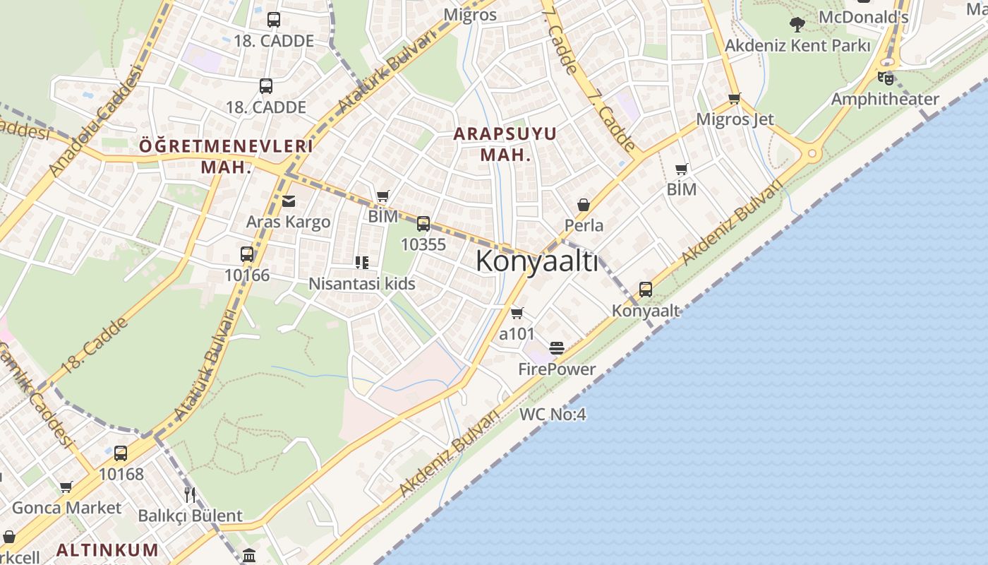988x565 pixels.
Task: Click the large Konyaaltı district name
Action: (536, 261)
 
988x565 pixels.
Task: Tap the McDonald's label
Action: (863, 17)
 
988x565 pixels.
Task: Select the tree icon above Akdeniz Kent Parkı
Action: (797, 25)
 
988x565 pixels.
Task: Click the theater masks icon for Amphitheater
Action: (886, 78)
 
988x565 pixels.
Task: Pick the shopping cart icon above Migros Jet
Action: (735, 99)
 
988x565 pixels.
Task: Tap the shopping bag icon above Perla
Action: (584, 205)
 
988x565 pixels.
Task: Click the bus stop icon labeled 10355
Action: (423, 224)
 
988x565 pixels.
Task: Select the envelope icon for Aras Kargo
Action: (289, 201)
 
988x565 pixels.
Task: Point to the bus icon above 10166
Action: (247, 254)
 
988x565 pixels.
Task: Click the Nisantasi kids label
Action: (362, 284)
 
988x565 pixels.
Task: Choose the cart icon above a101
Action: (517, 313)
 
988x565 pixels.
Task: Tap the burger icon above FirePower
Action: (557, 348)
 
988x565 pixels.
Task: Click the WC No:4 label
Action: (553, 415)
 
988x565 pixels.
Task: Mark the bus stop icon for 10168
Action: (121, 453)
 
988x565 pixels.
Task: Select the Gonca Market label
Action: (67, 508)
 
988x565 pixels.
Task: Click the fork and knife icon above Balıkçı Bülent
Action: (189, 494)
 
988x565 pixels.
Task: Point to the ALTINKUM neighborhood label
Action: (107, 549)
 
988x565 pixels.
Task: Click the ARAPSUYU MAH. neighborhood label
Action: (505, 144)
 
